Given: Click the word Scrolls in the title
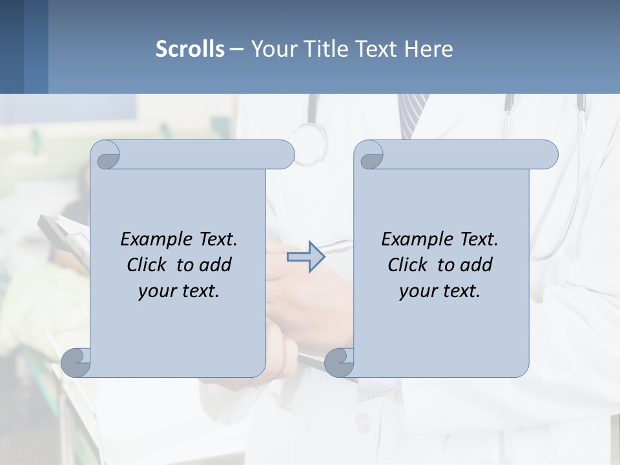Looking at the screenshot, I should pos(190,49).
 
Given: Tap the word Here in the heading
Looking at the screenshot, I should pos(429,49).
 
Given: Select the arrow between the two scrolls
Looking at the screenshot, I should pos(305,256).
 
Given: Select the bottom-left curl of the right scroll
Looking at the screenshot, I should pos(339,363).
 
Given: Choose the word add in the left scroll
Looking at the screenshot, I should pos(215,265).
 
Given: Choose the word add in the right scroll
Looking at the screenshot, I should pos(476,265).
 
